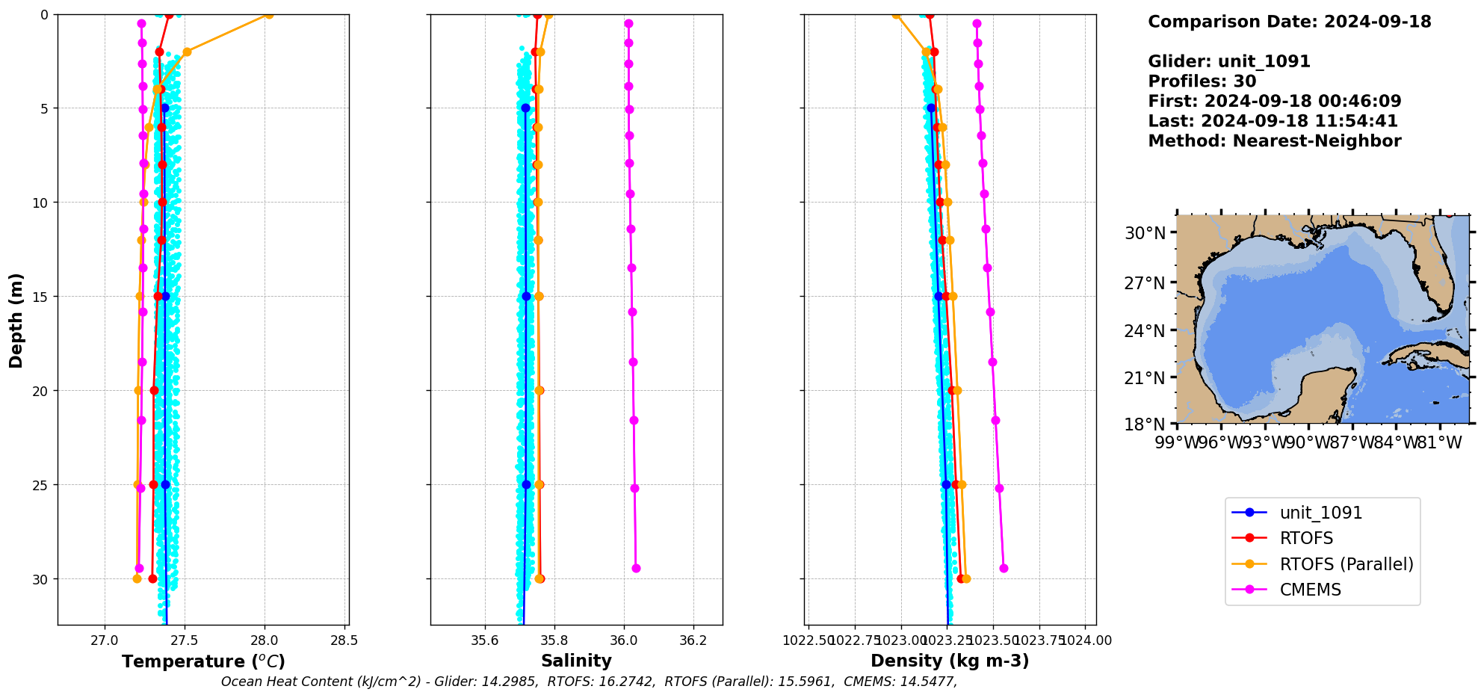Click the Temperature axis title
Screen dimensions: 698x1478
[203, 661]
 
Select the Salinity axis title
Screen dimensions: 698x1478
[576, 661]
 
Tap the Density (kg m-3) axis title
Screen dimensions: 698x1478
[950, 661]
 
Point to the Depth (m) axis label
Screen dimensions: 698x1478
[16, 320]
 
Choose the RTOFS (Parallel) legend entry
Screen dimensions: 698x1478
[1346, 564]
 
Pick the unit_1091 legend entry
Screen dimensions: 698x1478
[1320, 513]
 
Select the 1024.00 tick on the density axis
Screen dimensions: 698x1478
[1085, 640]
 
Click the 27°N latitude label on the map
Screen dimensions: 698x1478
[1145, 283]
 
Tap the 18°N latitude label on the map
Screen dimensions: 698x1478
[1145, 424]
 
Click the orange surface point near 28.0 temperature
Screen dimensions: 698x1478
[269, 14]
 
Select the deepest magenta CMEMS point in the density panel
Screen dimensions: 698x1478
[1004, 569]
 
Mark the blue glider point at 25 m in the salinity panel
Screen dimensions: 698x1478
[526, 485]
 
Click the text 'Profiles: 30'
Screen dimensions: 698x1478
[1202, 81]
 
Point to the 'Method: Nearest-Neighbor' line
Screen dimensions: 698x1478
[1274, 141]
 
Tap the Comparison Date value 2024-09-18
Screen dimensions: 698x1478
[1377, 22]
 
